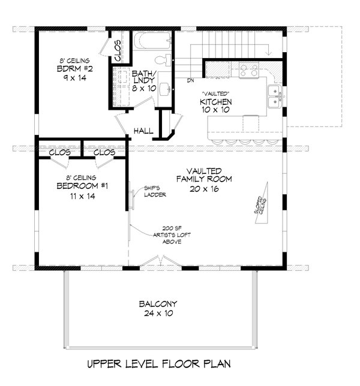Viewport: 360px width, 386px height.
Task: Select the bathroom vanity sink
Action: (165, 89)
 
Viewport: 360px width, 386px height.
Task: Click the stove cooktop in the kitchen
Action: (249, 70)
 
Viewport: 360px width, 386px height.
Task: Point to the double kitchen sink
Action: (275, 96)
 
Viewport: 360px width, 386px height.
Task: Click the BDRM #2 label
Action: (74, 69)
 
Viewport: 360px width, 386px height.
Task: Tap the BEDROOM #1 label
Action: (82, 186)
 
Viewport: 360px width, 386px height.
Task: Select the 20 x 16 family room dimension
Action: (204, 189)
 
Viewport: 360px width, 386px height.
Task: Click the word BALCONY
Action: (158, 304)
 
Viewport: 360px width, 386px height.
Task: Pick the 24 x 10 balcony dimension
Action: (158, 313)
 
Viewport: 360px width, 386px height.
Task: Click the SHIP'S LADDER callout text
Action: (155, 192)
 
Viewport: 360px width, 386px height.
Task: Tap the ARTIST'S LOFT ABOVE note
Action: (172, 235)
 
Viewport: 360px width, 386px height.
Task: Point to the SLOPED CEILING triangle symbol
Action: (262, 203)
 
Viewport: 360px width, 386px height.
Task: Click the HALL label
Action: (143, 131)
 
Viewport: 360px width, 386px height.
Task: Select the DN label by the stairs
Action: (190, 80)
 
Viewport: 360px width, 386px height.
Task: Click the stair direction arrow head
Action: (269, 53)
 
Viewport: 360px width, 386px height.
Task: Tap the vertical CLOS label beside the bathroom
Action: (118, 51)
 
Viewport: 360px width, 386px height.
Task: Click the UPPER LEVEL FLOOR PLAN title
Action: (159, 364)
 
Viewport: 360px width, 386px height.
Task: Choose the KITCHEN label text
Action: (215, 102)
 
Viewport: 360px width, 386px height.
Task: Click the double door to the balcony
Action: (161, 261)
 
